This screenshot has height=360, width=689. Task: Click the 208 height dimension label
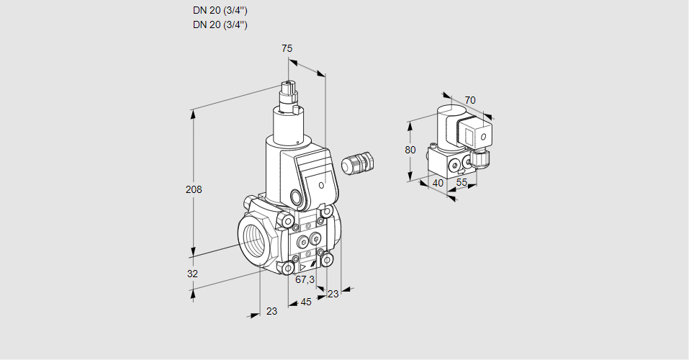pos(194,190)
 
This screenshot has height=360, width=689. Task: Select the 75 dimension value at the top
pos(287,48)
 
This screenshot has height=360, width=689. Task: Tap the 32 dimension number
pos(192,274)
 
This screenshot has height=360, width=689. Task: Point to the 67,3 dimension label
pos(305,279)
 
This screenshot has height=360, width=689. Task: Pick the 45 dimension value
pos(305,302)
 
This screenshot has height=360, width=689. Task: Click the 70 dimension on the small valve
pos(470,100)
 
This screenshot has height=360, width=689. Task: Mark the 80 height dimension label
pos(410,150)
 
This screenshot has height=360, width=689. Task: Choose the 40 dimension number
pos(437,183)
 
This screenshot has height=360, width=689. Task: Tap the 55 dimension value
pos(462,184)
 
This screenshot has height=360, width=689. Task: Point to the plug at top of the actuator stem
pos(290,92)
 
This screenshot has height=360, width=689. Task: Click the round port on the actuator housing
pos(296,197)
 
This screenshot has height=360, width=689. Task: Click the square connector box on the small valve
pos(475,134)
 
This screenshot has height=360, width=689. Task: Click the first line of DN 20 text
pos(220,11)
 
